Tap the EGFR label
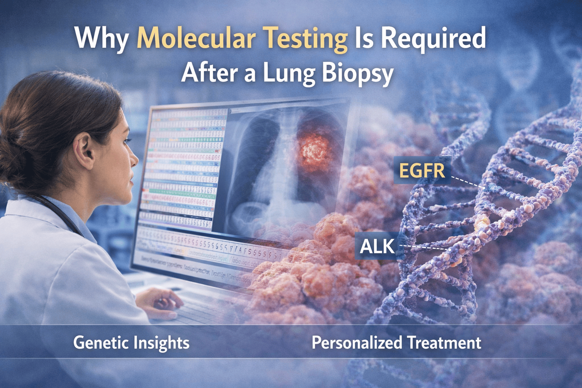422,170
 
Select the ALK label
377,247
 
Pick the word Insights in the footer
161,343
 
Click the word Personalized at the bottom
357,343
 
